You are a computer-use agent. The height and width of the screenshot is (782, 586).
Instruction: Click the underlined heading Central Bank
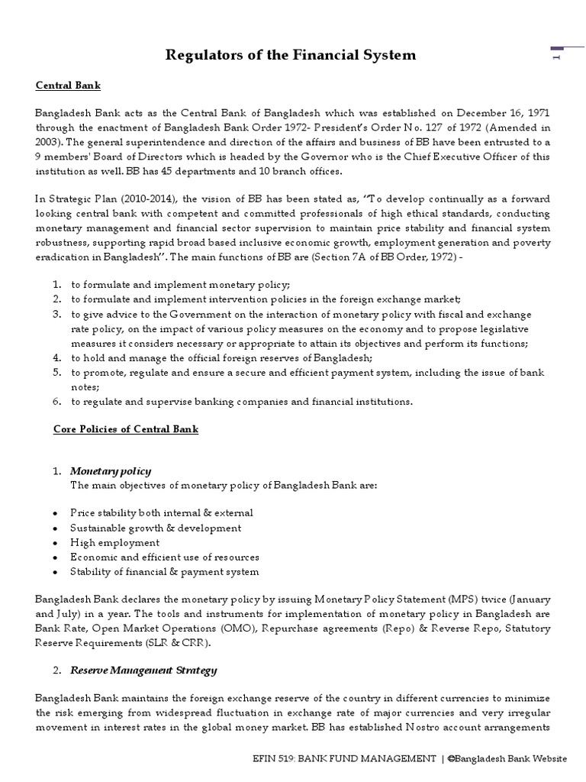tap(67, 86)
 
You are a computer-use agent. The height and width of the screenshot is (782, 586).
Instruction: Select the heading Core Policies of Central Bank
tap(125, 429)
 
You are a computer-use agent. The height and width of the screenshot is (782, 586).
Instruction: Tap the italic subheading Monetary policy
tap(111, 470)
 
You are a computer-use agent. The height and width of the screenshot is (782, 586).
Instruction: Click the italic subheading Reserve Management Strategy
tap(143, 671)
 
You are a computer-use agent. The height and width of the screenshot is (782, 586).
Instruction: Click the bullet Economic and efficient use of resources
tap(165, 557)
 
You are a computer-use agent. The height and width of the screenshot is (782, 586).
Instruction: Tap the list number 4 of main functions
tap(57, 357)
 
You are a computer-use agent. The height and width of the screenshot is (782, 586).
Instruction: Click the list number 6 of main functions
tap(57, 402)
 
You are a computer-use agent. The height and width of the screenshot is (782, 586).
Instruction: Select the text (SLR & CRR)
tap(185, 642)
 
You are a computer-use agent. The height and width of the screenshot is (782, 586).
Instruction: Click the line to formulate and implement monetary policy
tap(181, 284)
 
